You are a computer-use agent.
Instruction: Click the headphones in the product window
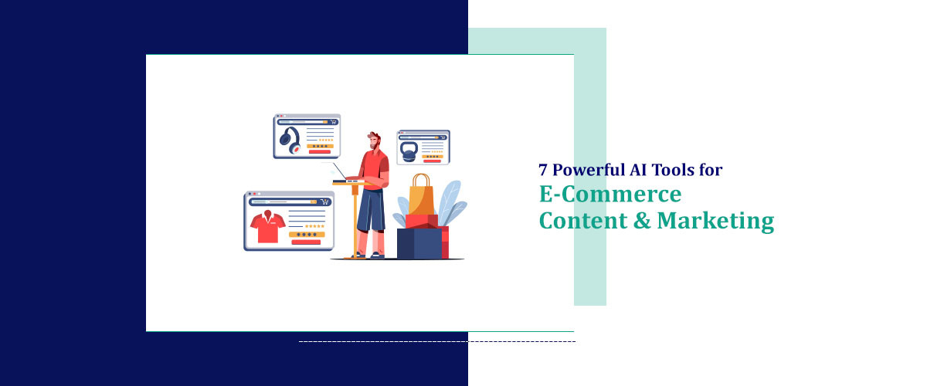pyautogui.click(x=290, y=141)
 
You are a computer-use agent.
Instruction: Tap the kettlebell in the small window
pyautogui.click(x=409, y=151)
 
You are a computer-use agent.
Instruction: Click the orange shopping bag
pyautogui.click(x=421, y=197)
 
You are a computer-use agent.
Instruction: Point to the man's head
pyautogui.click(x=375, y=141)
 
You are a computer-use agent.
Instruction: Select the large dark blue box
pyautogui.click(x=417, y=242)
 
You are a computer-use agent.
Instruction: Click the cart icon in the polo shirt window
pyautogui.click(x=324, y=201)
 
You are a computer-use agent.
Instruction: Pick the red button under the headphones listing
pyautogui.click(x=319, y=151)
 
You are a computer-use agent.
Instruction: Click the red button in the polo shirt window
pyautogui.click(x=306, y=242)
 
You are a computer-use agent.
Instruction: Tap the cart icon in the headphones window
pyautogui.click(x=333, y=121)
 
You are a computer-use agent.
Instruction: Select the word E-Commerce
pyautogui.click(x=610, y=193)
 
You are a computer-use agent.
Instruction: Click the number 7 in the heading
pyautogui.click(x=544, y=169)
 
